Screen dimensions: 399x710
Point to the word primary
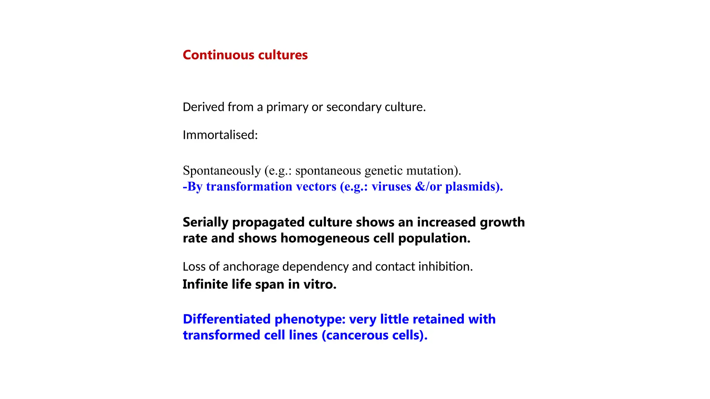287,107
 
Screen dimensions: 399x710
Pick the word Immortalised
220,135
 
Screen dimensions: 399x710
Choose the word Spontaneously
222,171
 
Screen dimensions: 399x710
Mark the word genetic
384,171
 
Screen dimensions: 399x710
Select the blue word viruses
391,187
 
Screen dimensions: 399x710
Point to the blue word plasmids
474,187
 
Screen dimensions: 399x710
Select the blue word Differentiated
227,319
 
